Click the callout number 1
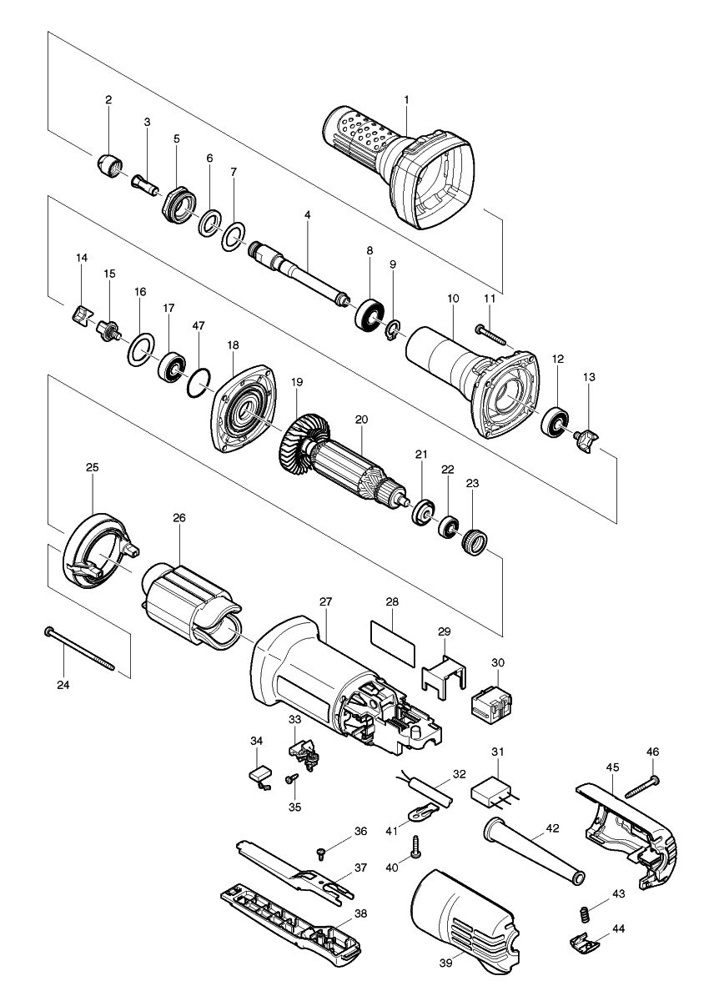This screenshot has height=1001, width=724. coord(406,99)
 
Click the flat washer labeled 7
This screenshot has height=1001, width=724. coord(234,237)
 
